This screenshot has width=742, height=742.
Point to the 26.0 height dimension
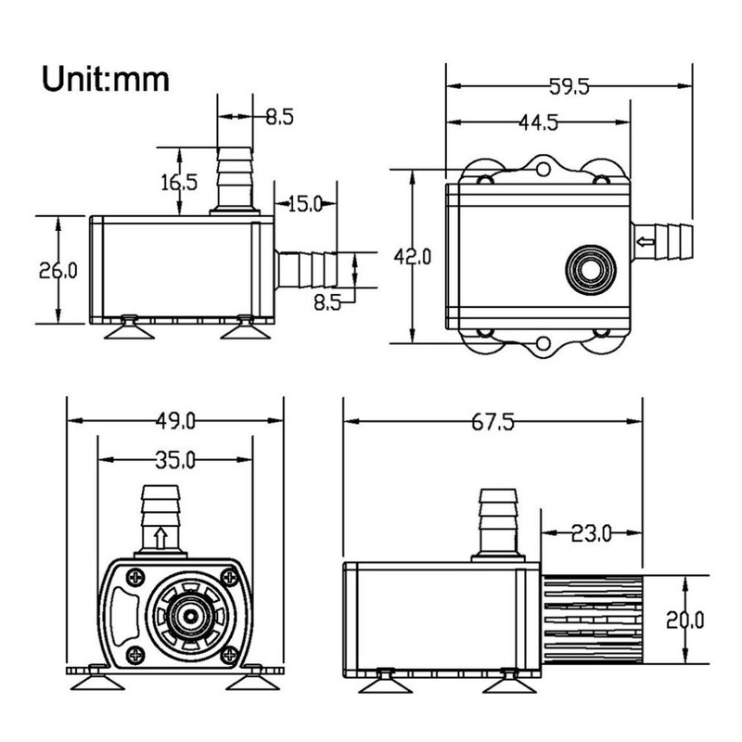58,270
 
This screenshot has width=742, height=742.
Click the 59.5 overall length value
567,87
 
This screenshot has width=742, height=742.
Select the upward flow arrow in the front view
160,537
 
